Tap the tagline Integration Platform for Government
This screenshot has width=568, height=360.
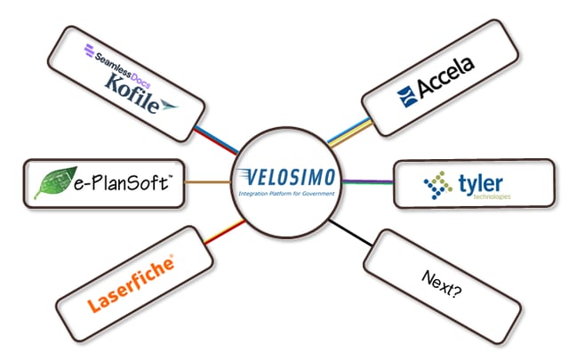tap(284, 192)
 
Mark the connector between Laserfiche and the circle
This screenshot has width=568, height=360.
tap(222, 232)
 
